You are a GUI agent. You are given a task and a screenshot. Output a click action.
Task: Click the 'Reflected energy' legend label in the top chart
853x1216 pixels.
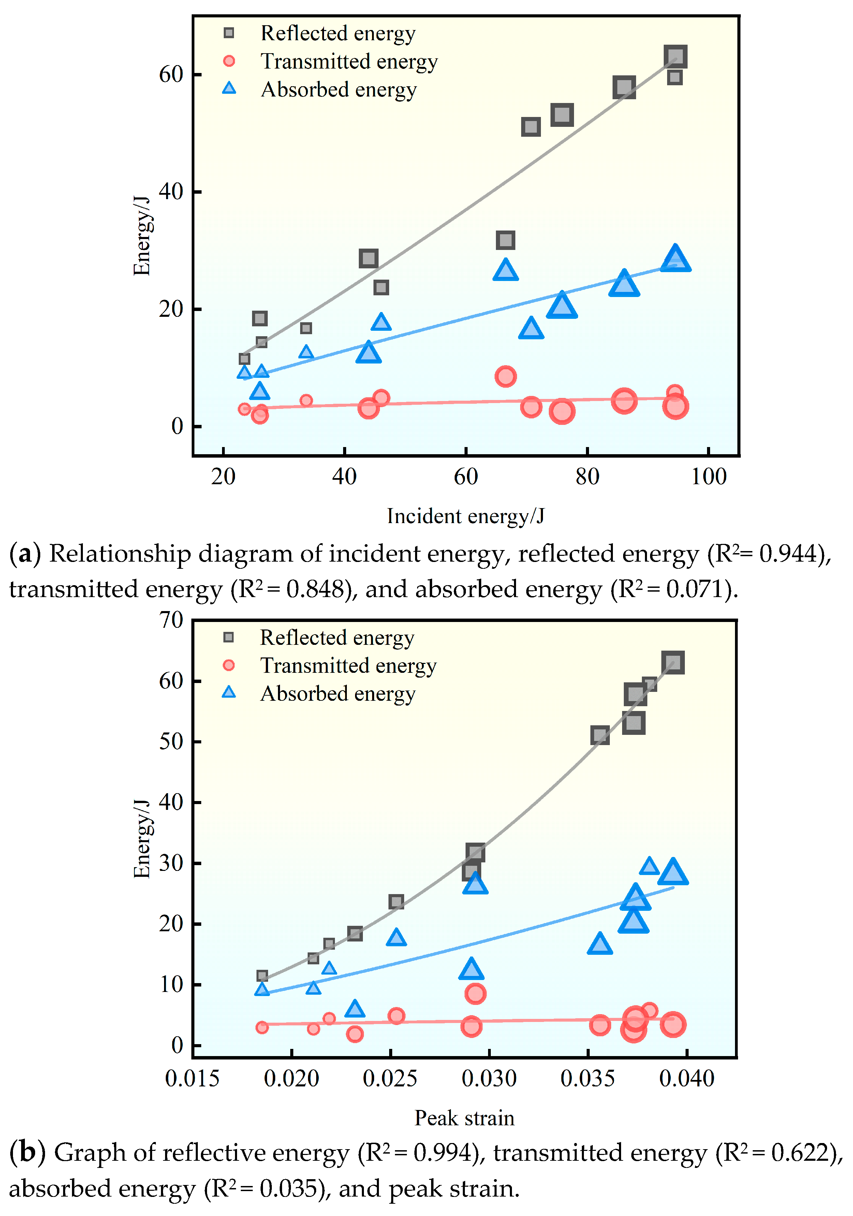point(338,33)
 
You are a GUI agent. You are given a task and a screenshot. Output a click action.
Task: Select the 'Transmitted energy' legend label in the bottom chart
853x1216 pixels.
point(348,666)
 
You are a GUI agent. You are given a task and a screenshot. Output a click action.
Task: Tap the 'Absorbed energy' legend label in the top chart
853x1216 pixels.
point(339,89)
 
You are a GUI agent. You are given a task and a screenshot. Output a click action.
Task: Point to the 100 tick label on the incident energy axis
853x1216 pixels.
point(708,477)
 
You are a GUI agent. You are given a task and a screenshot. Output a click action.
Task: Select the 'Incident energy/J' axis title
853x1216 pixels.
point(465,516)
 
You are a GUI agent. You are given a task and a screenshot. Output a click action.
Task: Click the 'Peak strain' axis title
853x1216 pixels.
point(464,1118)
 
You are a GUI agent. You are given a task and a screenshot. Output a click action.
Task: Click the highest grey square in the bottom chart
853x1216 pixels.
point(673,663)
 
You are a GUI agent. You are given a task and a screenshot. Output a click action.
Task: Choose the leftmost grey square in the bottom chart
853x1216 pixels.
point(262,976)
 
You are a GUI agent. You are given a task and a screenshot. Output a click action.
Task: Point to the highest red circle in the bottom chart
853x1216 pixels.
point(475,994)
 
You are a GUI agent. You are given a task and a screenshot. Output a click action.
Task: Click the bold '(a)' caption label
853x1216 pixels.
point(24,554)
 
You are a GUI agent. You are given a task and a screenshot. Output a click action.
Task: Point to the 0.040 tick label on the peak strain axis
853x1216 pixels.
point(687,1079)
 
